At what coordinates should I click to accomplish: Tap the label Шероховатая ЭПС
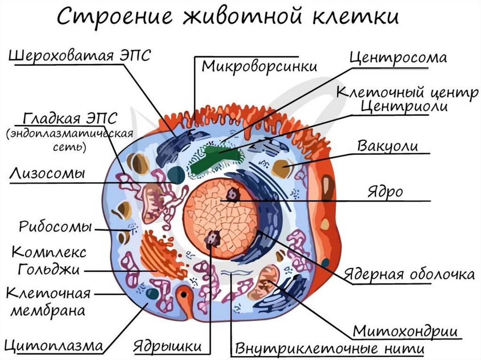pyautogui.click(x=80, y=56)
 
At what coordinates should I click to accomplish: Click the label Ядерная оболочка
pyautogui.click(x=409, y=274)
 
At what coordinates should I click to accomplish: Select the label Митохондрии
pyautogui.click(x=405, y=331)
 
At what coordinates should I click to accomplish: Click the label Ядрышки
pyautogui.click(x=168, y=347)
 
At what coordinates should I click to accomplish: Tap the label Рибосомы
pyautogui.click(x=55, y=227)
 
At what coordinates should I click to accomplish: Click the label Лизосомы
pyautogui.click(x=47, y=173)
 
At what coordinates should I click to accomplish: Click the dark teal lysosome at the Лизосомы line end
pyautogui.click(x=177, y=176)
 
